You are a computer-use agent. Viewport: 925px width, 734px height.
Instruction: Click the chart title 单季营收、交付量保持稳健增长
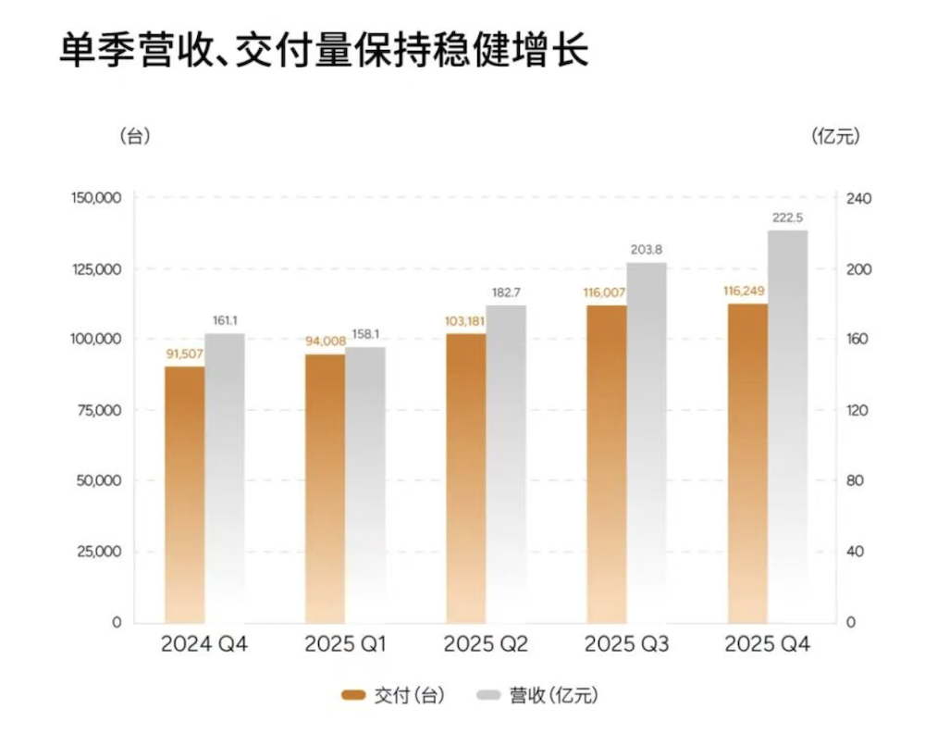[323, 51]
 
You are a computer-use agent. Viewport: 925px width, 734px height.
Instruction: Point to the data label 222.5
[787, 218]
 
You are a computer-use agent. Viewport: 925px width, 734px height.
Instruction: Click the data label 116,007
[606, 292]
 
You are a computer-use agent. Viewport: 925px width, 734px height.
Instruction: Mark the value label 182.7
[506, 292]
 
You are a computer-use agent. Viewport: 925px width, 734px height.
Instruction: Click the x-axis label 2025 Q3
[626, 644]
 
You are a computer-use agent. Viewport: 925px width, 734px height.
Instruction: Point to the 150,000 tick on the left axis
[95, 199]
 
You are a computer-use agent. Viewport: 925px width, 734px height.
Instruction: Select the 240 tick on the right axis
[859, 199]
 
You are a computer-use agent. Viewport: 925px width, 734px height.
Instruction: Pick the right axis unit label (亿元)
[835, 136]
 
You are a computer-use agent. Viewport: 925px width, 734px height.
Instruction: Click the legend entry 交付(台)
[393, 695]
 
